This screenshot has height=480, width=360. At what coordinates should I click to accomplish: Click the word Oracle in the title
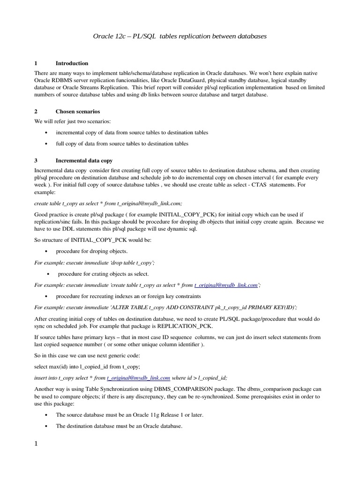[x=104, y=36]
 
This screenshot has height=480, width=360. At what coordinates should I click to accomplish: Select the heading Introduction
[x=72, y=63]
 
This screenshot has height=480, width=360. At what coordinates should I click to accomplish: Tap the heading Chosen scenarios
[x=77, y=112]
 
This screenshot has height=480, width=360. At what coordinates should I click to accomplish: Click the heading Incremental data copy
[x=84, y=160]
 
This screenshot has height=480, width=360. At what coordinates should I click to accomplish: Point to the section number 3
[x=36, y=160]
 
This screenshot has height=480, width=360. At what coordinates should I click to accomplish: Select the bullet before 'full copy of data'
[x=46, y=144]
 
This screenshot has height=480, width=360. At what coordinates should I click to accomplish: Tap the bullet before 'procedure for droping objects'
[x=46, y=252]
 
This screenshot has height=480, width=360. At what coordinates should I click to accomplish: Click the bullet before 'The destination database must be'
[x=46, y=427]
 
